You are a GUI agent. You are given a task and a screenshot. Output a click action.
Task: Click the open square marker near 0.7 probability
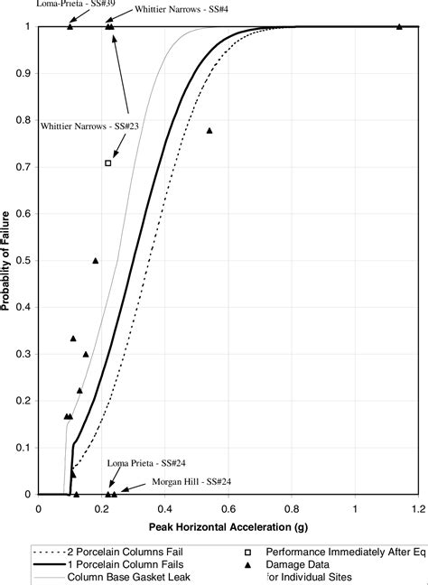108,162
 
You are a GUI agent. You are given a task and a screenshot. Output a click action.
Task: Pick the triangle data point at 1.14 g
399,26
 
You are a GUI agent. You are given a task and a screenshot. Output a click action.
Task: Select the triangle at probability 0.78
209,131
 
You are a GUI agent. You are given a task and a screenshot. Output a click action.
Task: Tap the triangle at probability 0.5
96,260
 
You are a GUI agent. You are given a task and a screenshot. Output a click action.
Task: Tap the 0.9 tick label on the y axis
23,74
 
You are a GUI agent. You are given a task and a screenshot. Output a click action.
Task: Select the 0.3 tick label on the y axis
23,354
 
